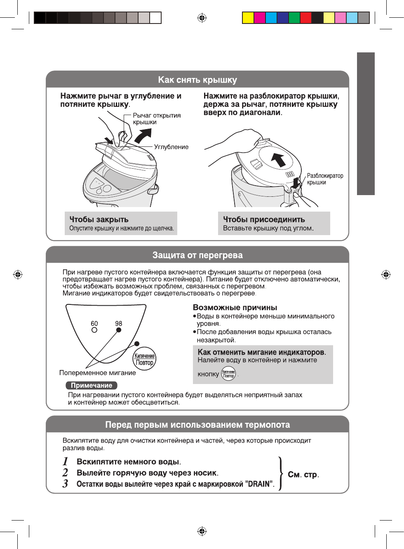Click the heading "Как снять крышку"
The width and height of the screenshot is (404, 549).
pyautogui.click(x=197, y=80)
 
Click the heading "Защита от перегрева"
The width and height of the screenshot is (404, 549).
pyautogui.click(x=197, y=255)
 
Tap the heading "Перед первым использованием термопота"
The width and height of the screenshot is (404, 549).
pyautogui.click(x=197, y=425)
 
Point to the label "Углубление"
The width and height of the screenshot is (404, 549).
pyautogui.click(x=171, y=147)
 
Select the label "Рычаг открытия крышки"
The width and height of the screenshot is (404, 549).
pyautogui.click(x=157, y=119)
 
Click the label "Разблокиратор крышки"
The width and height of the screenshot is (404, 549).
pyautogui.click(x=325, y=179)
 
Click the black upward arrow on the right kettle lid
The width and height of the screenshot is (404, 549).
pyautogui.click(x=279, y=159)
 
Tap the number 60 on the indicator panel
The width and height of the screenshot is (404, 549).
pyautogui.click(x=94, y=324)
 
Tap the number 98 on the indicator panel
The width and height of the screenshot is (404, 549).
pyautogui.click(x=119, y=324)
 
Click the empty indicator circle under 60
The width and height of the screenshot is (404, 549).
pyautogui.click(x=94, y=330)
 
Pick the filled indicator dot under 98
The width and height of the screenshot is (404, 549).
pyautogui.click(x=119, y=330)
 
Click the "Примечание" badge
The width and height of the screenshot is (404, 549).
pyautogui.click(x=92, y=385)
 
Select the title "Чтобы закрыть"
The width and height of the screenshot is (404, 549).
pyautogui.click(x=99, y=219)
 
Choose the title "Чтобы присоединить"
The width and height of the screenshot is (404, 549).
pyautogui.click(x=264, y=219)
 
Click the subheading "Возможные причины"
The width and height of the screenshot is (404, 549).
pyautogui.click(x=235, y=307)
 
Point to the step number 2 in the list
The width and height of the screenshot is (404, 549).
pyautogui.click(x=65, y=473)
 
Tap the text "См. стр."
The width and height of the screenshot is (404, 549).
pyautogui.click(x=303, y=475)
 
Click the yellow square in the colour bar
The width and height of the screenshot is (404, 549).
pyautogui.click(x=248, y=18)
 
